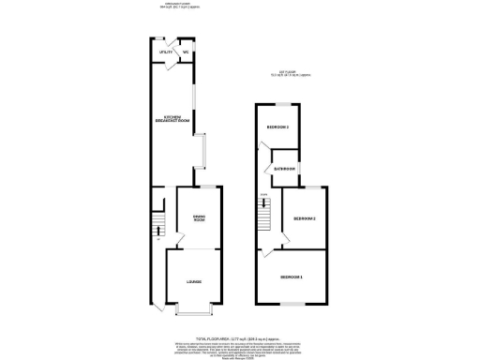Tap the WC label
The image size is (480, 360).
point(186,52)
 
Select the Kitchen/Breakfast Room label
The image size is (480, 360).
point(172,118)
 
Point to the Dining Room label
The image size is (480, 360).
point(198,218)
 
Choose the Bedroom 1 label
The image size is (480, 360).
point(292,277)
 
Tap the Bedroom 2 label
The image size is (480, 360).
point(304,219)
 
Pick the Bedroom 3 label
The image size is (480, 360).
point(277,127)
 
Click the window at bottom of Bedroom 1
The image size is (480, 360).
point(294,305)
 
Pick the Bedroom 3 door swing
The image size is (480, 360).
point(267,153)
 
